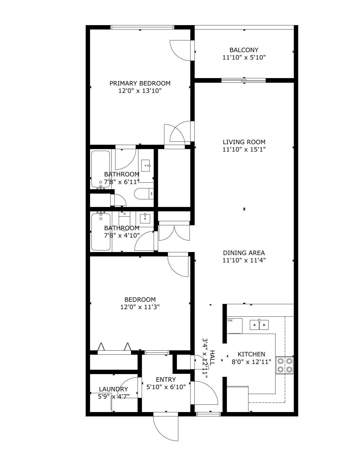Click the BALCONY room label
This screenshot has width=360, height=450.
coord(244,50)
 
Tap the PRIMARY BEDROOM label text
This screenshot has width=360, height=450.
coord(140,83)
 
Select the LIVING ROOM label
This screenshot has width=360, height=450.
coord(244,142)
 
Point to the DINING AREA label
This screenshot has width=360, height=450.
coord(244,253)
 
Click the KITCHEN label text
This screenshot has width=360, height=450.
coord(251,354)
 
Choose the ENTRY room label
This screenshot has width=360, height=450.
coord(166,380)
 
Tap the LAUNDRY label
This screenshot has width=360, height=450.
coord(113,389)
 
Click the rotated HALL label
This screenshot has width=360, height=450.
coord(212,358)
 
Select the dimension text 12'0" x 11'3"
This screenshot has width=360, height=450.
coord(140,307)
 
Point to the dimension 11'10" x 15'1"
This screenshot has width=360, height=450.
coord(244,149)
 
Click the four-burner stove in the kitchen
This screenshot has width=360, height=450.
coord(285,365)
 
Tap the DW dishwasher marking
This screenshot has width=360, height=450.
coord(230,321)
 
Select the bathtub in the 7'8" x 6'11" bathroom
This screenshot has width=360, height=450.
coord(101,169)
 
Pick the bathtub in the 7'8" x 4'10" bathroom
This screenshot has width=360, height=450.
coord(101,232)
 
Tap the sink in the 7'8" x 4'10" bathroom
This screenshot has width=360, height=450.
coord(145,218)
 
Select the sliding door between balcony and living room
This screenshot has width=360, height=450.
coord(244,80)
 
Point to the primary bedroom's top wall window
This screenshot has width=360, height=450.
coord(142,27)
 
